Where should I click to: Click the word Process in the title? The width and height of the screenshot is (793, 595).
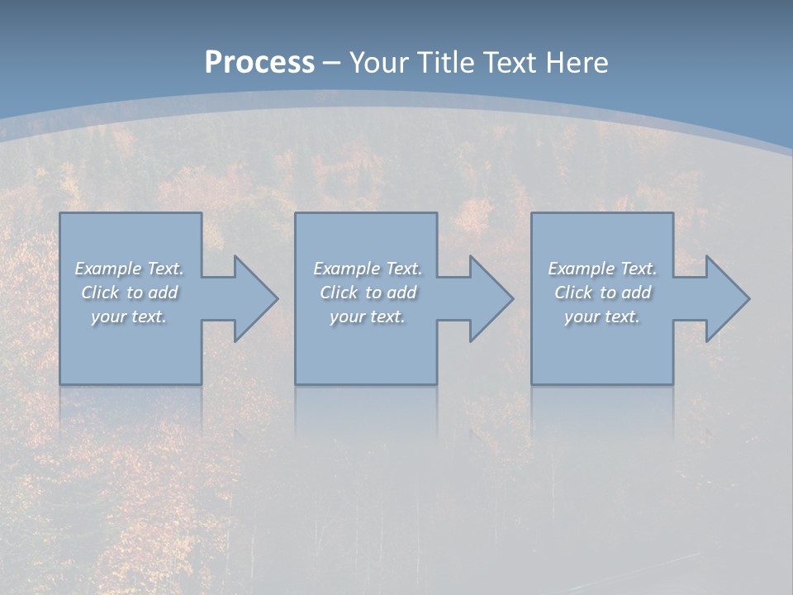coord(259,63)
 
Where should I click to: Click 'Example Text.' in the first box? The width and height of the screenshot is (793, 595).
coord(129,269)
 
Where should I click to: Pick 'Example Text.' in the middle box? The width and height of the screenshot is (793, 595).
coord(368,269)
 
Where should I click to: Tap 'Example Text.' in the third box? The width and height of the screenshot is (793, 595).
coord(602,269)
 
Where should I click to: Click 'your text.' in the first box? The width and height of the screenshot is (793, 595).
coord(129,317)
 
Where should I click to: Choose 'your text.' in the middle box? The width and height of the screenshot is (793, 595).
coord(368,317)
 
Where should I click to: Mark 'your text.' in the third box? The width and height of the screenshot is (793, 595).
coord(602,317)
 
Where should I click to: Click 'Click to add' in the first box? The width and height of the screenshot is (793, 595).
coord(129,293)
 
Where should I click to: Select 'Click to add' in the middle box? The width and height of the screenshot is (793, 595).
coord(368,293)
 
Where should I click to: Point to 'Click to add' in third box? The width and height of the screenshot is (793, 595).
coord(602,293)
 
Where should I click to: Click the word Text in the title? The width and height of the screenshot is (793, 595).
coord(511,63)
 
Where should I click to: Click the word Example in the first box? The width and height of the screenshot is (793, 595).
coord(107,269)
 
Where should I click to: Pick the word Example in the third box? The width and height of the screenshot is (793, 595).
coord(581,269)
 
